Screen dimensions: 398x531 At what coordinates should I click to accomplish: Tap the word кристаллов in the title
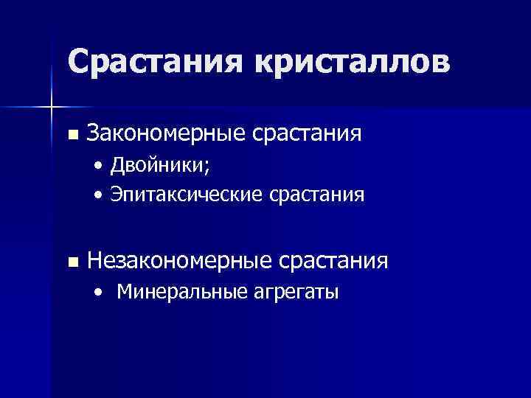point(350,61)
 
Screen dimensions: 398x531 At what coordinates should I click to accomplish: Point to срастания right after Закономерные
point(307,134)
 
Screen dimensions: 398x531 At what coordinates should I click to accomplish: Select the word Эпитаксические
point(183,195)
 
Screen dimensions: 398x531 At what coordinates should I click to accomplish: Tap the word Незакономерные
point(178,260)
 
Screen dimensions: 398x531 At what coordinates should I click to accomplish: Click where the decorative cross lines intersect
point(52,108)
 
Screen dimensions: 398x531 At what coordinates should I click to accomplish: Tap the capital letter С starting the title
point(79,61)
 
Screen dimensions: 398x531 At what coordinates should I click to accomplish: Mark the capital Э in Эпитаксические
point(116,195)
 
